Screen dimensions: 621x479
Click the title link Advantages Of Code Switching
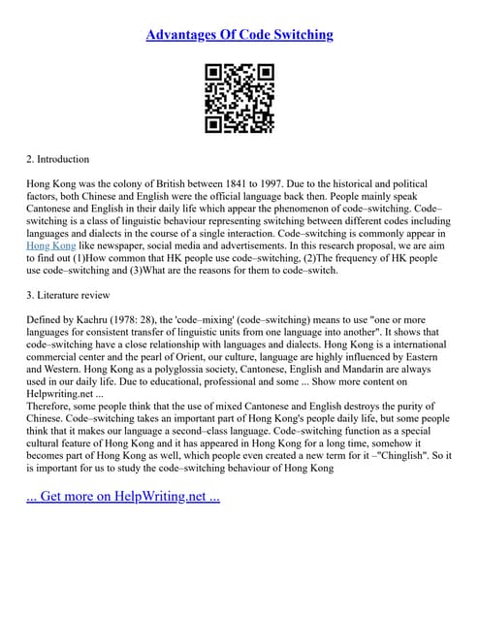point(239,35)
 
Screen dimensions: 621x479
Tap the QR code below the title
point(239,98)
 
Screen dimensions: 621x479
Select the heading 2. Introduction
point(57,159)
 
